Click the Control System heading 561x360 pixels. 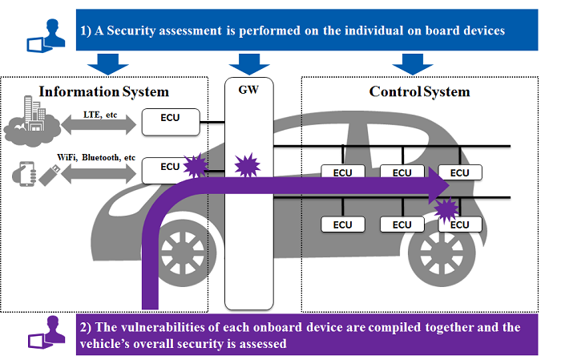(420, 91)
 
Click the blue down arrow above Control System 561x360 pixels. (413, 63)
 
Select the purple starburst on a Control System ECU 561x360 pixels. (443, 212)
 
